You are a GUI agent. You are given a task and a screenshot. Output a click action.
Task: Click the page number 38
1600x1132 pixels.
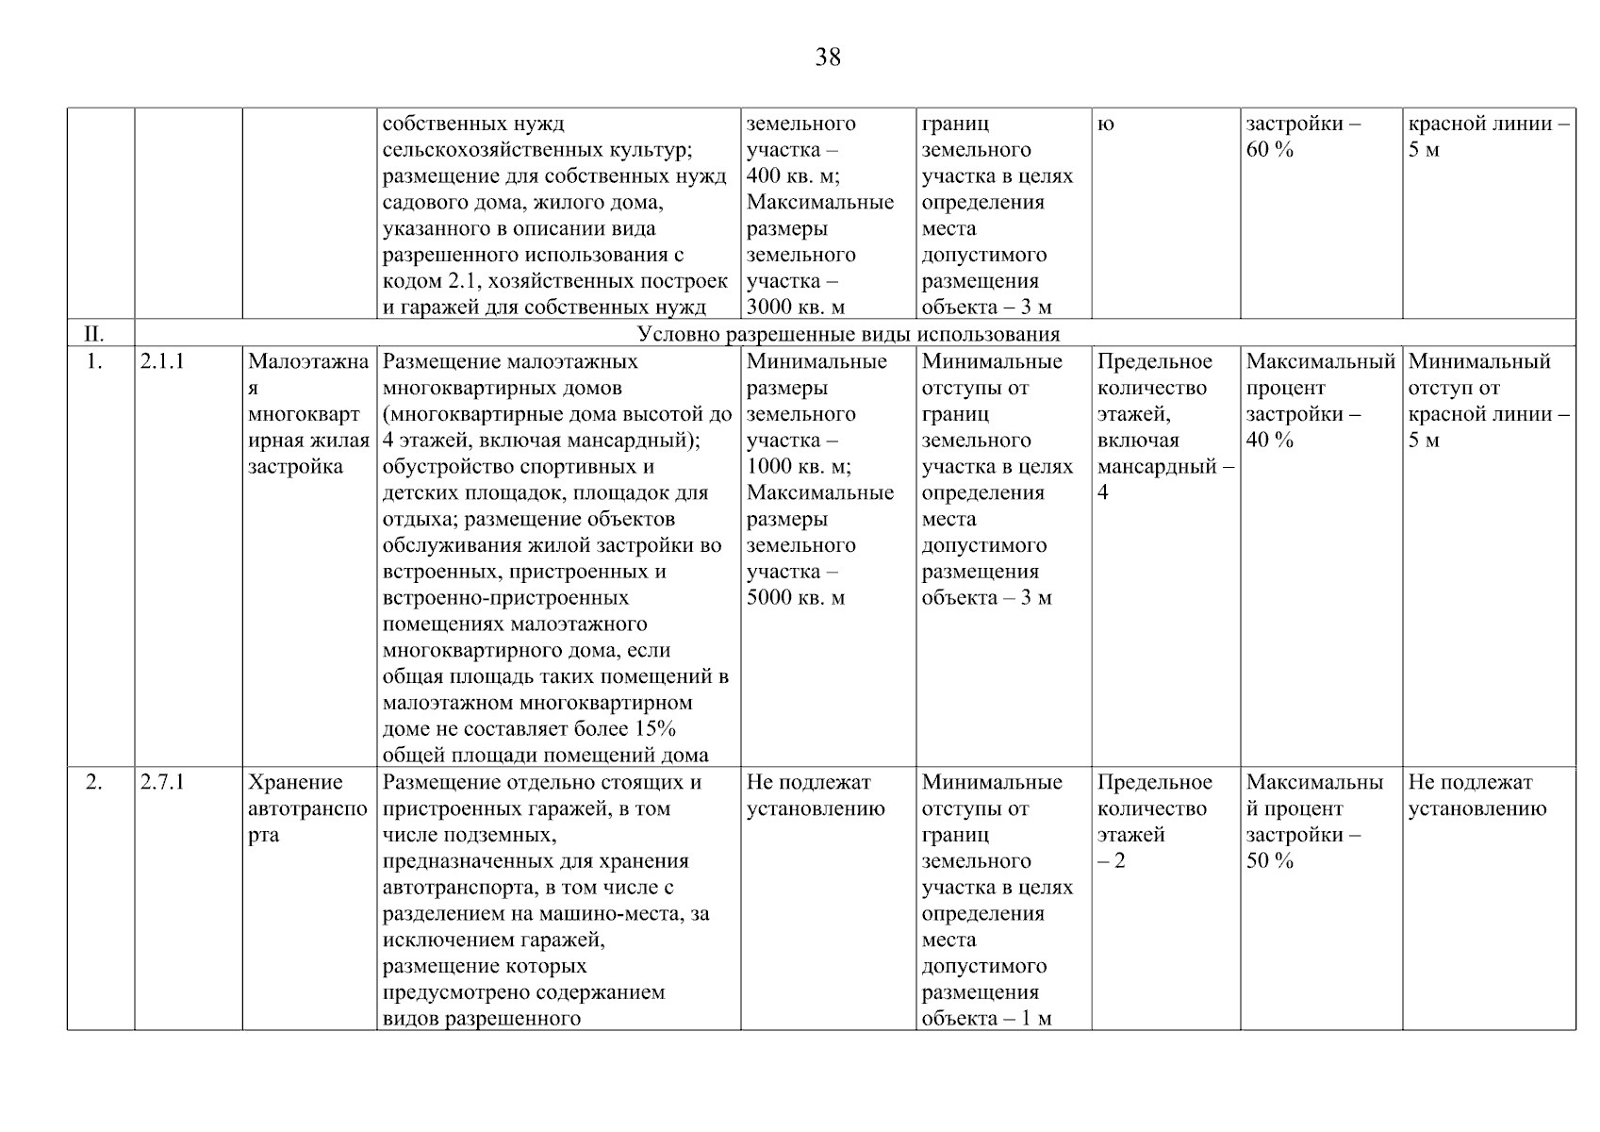828,58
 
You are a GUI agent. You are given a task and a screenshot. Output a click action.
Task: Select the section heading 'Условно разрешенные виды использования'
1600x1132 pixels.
849,334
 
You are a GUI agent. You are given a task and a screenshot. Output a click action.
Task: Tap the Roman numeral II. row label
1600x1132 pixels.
94,334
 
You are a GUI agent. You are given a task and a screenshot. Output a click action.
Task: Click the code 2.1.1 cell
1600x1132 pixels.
162,361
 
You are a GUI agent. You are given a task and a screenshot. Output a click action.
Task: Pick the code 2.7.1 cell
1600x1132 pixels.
162,782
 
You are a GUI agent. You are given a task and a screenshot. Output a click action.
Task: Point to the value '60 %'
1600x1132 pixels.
1269,150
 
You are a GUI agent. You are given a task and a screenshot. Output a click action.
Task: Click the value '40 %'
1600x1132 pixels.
1269,441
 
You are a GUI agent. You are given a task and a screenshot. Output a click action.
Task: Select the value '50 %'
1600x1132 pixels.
1269,861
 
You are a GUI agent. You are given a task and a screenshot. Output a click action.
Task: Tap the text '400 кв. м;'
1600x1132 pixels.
793,176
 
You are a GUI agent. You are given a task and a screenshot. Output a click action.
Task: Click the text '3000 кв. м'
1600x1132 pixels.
795,308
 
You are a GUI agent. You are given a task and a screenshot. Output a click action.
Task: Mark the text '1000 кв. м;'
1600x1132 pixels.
798,467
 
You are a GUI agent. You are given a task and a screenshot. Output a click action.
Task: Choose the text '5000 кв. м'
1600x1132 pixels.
795,598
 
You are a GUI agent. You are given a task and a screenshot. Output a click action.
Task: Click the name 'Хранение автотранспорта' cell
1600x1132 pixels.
307,808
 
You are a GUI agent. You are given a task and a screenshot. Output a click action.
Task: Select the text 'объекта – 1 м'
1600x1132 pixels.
986,1019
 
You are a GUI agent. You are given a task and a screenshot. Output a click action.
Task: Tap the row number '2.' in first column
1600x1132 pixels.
94,782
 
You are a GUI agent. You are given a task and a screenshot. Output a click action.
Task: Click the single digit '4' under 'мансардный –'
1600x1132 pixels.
1103,493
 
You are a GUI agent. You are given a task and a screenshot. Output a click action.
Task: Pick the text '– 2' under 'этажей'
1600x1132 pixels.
1112,861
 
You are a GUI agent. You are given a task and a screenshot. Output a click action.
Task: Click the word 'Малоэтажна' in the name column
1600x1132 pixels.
307,361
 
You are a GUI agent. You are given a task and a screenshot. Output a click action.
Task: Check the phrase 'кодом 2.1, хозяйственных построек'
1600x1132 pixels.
554,281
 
